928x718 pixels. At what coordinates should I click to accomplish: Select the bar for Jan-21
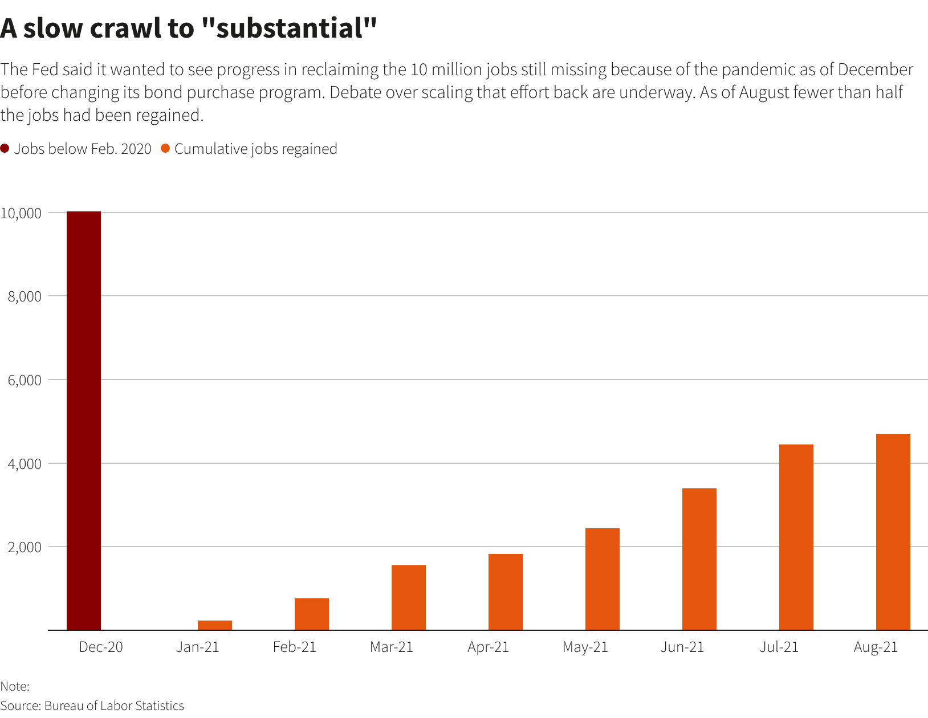click(x=215, y=625)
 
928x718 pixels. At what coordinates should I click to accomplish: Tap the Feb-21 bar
click(x=312, y=614)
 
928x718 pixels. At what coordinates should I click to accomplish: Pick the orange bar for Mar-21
click(x=409, y=598)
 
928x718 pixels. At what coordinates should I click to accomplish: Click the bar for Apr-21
click(x=506, y=592)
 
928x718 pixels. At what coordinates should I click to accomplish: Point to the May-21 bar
click(x=603, y=579)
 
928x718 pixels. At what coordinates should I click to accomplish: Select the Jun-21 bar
click(x=699, y=559)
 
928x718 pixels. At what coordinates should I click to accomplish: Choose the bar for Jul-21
click(x=796, y=537)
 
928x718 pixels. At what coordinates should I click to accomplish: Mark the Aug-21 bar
click(x=893, y=532)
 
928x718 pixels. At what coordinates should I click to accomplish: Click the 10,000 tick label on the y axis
click(x=21, y=213)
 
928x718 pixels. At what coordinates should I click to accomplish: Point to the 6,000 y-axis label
click(x=25, y=380)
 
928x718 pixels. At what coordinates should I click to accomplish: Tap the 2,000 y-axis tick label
click(x=25, y=547)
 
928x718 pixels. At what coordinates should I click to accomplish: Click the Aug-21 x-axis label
click(x=876, y=647)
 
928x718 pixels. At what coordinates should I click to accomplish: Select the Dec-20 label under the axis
click(x=101, y=647)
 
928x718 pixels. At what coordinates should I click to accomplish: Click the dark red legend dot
click(x=5, y=149)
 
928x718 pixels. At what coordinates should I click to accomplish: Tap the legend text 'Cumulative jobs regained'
click(x=256, y=149)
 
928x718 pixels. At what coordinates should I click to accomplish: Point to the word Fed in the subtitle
click(x=46, y=70)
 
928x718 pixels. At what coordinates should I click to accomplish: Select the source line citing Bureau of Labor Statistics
click(x=92, y=705)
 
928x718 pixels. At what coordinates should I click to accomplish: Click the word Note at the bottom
click(x=14, y=686)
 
